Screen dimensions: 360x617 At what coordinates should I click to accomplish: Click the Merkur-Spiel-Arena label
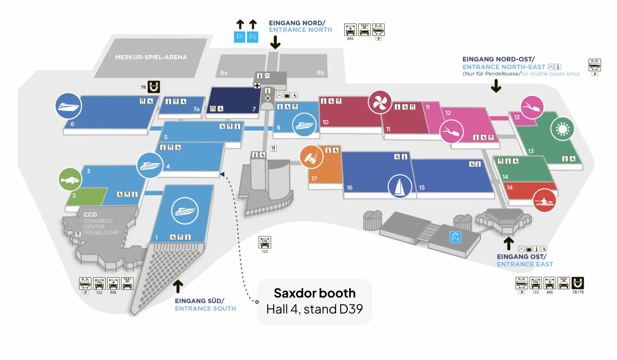pos(151,57)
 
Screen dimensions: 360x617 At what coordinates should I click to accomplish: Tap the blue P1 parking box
pos(240,37)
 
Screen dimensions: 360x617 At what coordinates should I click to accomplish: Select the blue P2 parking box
pos(252,37)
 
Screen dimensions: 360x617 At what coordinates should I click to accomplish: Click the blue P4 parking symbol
pos(455,237)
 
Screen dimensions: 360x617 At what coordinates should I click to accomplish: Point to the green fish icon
pos(70,180)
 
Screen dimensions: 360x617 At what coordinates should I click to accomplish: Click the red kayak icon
pos(544,201)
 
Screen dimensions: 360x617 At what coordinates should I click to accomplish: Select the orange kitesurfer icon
pos(311,157)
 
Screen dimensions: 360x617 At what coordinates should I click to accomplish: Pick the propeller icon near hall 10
pos(380,102)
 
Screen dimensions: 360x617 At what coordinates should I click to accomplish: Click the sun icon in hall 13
pos(562,129)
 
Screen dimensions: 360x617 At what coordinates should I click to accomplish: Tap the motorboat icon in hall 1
pos(185,211)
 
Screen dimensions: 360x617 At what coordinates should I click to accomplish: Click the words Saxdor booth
pos(315,293)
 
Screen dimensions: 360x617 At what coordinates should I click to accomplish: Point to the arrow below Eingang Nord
pos(275,43)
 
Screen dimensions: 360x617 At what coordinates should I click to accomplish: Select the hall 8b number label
pos(320,73)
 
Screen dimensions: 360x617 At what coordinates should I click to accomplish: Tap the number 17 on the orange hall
pos(314,178)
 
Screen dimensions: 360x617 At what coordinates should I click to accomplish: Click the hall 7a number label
pos(196,109)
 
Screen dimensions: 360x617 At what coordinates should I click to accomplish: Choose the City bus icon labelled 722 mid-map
pos(265,242)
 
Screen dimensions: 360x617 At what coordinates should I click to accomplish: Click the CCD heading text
pos(90,215)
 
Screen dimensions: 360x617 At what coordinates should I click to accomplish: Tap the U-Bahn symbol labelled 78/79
pos(578,283)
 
